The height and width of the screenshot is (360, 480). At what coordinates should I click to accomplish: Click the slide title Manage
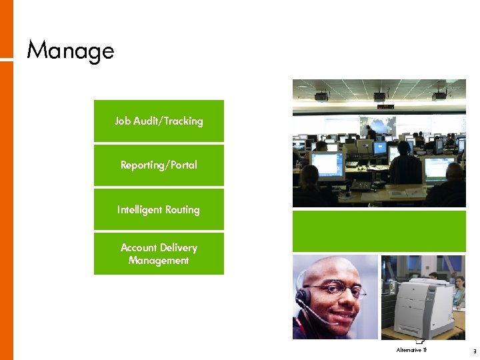[70, 51]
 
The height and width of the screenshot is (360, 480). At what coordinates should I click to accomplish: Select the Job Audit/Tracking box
[159, 121]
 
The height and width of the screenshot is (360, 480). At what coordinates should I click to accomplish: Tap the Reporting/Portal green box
[159, 165]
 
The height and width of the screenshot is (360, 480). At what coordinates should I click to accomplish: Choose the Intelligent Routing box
[159, 209]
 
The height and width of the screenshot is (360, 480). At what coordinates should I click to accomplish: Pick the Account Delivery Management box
[159, 253]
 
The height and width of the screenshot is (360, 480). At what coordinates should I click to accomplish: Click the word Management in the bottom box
[159, 261]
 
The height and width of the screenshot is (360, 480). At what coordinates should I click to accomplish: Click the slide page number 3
[474, 351]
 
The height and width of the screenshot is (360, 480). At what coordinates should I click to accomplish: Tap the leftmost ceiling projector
[321, 95]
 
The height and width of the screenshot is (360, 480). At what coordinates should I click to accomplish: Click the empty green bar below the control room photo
[379, 231]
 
